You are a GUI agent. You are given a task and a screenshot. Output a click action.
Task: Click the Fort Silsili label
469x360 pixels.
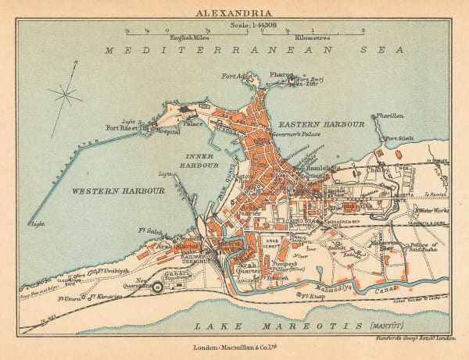point(399,140)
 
